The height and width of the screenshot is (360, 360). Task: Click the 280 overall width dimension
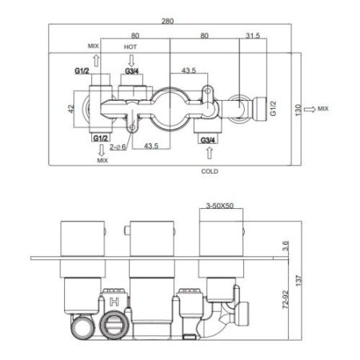(167, 21)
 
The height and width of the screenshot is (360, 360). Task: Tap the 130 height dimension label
(298, 110)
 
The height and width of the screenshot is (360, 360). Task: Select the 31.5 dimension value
(253, 35)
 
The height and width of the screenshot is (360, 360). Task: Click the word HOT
(130, 47)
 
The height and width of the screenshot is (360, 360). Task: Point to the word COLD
(210, 171)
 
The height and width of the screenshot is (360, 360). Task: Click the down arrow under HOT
(131, 61)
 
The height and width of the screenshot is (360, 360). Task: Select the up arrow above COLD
(210, 153)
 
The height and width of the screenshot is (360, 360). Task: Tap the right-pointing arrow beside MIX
(310, 109)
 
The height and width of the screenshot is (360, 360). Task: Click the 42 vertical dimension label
(71, 109)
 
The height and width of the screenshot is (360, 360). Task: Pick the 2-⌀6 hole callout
(118, 146)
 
